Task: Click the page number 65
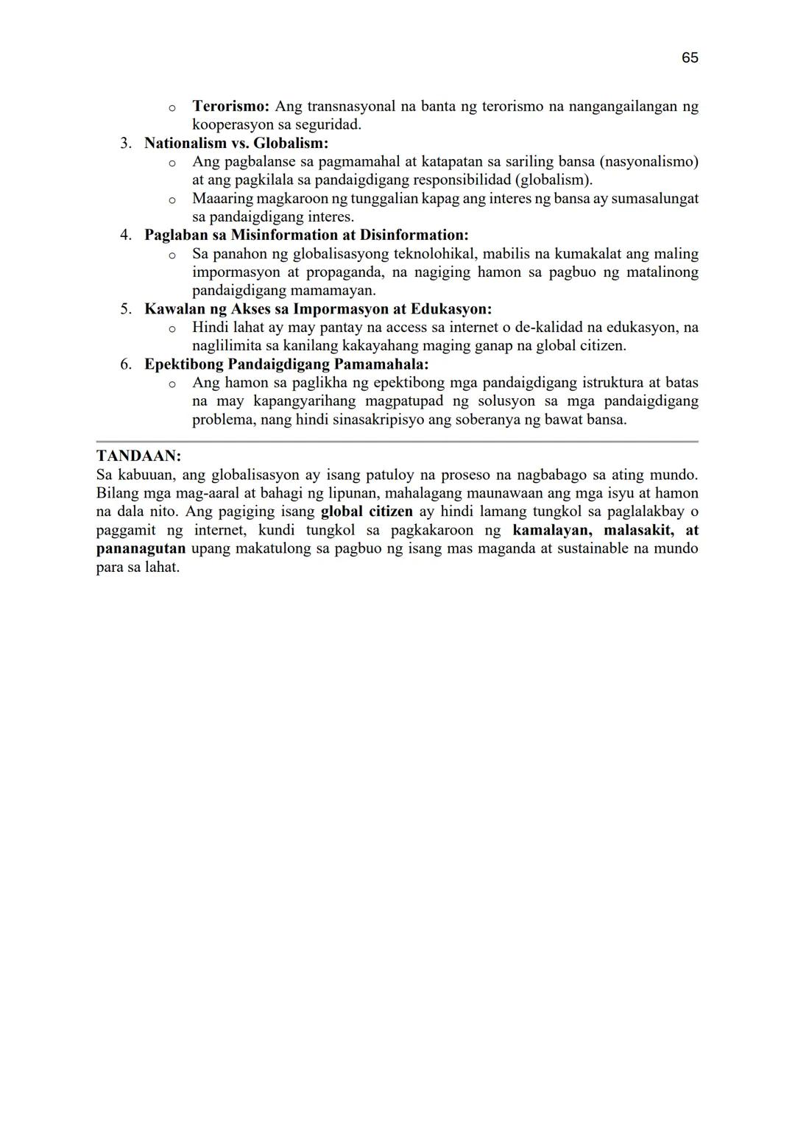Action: [689, 58]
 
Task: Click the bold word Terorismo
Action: [230, 106]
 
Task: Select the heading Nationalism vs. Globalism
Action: [236, 143]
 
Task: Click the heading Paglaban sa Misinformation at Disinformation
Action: [306, 235]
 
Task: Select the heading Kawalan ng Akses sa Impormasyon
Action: [318, 309]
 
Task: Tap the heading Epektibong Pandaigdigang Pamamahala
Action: [286, 364]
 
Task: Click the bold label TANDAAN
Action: [138, 456]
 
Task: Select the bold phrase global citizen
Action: [367, 512]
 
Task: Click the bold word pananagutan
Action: [141, 548]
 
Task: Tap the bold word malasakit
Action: [638, 530]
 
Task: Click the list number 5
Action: [126, 309]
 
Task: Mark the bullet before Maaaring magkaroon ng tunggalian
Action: [172, 199]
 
